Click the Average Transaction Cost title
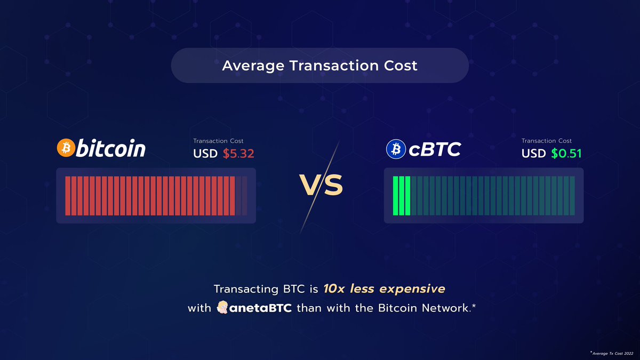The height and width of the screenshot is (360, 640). (319, 66)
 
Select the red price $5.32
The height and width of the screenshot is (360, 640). (238, 154)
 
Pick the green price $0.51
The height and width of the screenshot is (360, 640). (566, 154)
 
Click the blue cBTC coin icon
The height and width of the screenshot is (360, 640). (396, 149)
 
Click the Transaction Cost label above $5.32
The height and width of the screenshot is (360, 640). (218, 141)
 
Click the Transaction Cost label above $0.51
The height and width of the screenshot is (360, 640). (547, 141)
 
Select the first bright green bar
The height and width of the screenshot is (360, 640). (396, 196)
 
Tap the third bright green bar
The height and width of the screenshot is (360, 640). (408, 196)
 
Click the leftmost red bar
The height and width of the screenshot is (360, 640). (68, 196)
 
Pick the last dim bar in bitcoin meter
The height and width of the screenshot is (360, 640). (245, 196)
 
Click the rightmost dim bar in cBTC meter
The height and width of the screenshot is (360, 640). (573, 196)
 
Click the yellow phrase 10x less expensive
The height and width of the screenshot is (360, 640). (384, 289)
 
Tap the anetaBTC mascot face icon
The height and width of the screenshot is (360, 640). (223, 308)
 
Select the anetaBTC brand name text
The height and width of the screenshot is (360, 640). (261, 309)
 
